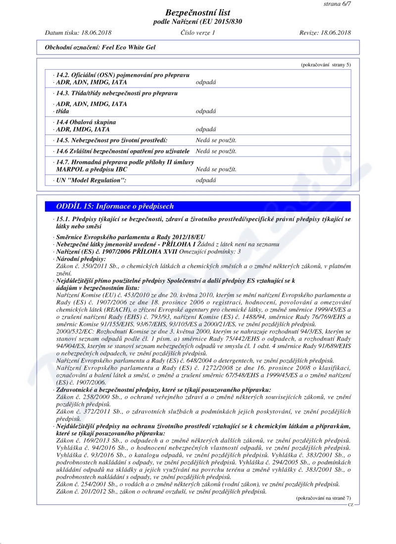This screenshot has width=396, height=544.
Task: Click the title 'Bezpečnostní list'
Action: click(x=198, y=13)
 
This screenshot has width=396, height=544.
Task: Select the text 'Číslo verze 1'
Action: click(x=198, y=33)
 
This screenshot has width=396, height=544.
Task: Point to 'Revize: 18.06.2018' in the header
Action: click(x=325, y=33)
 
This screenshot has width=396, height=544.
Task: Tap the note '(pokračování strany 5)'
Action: click(x=325, y=65)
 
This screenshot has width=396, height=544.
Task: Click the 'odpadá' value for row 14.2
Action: click(x=206, y=82)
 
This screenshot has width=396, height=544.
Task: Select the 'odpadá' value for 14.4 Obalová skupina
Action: click(x=206, y=129)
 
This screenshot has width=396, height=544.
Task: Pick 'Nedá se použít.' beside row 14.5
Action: click(x=216, y=140)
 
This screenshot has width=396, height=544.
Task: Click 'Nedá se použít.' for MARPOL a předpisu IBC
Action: click(x=216, y=169)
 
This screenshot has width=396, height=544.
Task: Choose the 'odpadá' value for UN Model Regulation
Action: click(x=206, y=181)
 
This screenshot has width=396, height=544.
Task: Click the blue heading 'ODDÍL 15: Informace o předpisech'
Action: click(x=115, y=206)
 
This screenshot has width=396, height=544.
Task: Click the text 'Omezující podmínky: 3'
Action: click(x=205, y=252)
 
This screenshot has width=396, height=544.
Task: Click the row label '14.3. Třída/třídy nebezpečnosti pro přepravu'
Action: click(x=117, y=93)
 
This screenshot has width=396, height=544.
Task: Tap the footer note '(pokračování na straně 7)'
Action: click(x=323, y=498)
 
